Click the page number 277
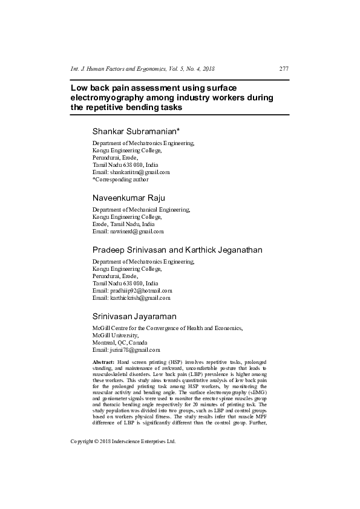(284, 69)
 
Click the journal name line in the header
(143, 69)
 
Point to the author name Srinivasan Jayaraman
(134, 316)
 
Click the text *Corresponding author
(120, 179)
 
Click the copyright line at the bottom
(123, 476)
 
